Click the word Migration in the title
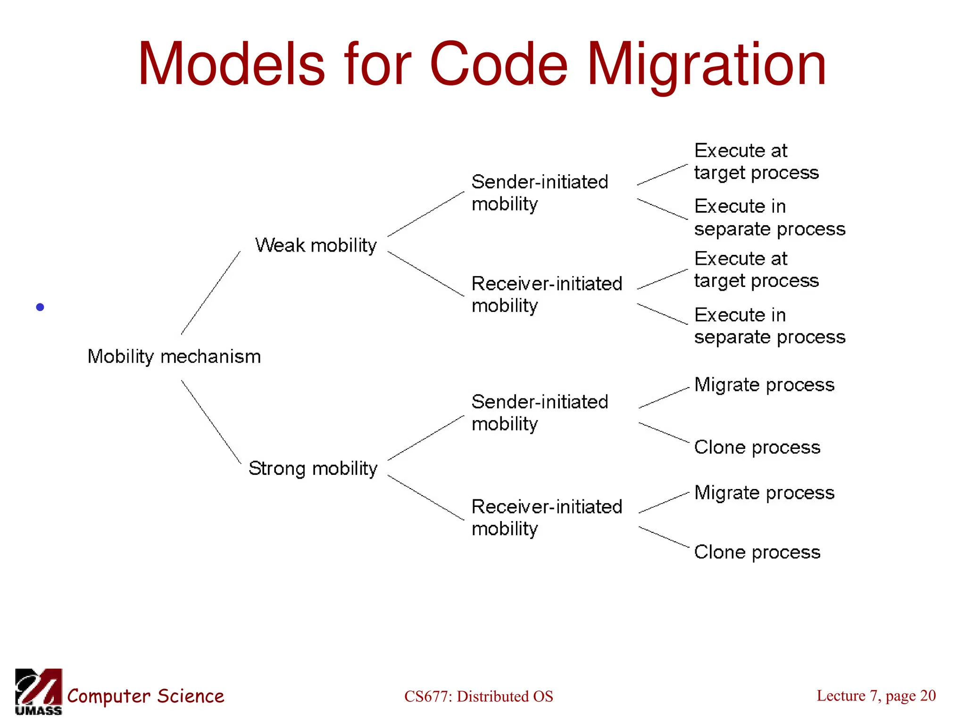706,65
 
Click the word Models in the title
231,65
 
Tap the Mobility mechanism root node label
174,357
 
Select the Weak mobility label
316,245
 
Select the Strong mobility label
313,468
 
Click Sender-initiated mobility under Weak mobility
539,193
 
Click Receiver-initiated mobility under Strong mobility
547,517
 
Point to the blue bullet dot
40,307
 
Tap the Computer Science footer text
145,696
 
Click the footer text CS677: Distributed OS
478,696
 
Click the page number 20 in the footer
927,695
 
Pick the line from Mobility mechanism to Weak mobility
211,293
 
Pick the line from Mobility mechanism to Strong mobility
211,422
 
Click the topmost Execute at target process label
756,161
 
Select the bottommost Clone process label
757,552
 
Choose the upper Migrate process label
764,385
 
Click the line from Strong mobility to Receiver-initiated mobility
425,497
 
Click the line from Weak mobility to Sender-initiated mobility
425,214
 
